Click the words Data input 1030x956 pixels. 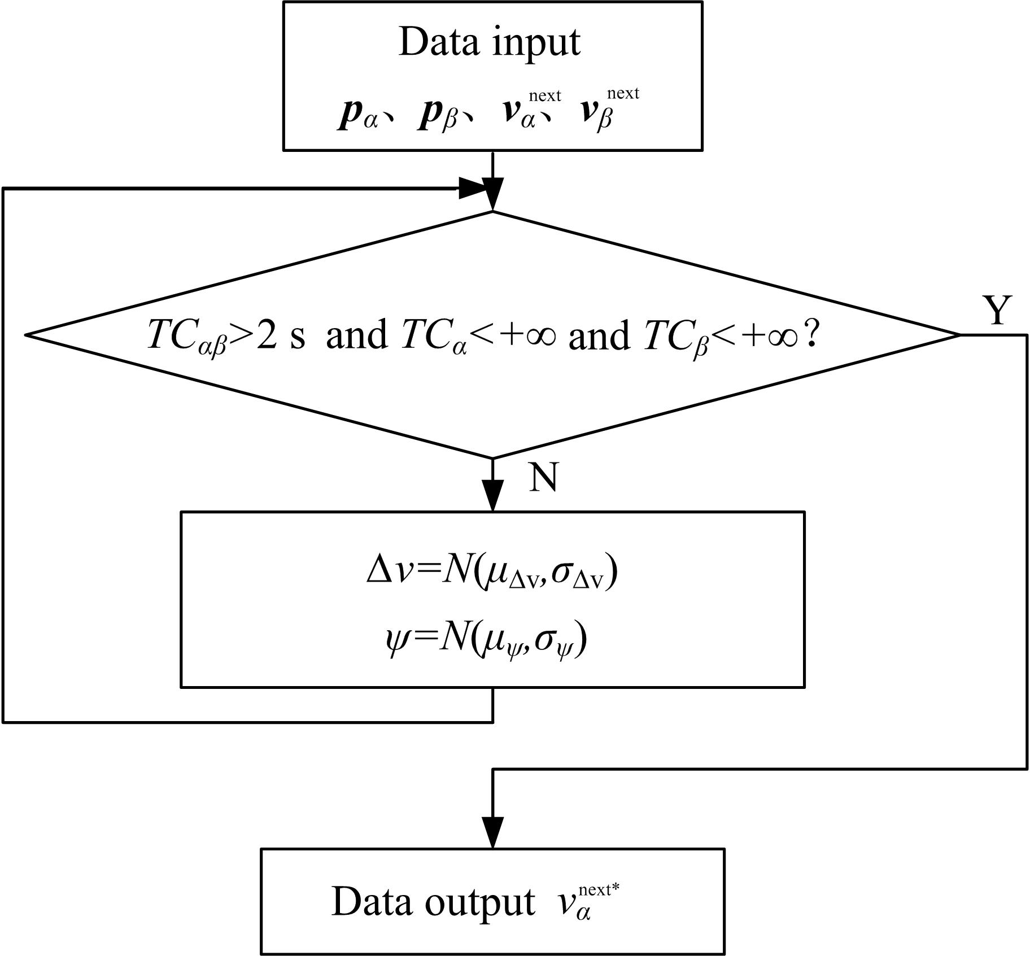(489, 42)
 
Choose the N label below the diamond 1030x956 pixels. (543, 477)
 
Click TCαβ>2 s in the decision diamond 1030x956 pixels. (225, 335)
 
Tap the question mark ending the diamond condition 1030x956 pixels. (811, 335)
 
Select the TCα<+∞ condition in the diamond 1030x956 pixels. (478, 335)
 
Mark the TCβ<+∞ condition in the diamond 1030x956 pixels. (720, 335)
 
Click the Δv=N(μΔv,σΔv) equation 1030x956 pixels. (492, 572)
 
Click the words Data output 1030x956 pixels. (433, 901)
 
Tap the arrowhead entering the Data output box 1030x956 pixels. (493, 832)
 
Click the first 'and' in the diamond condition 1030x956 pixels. (356, 335)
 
